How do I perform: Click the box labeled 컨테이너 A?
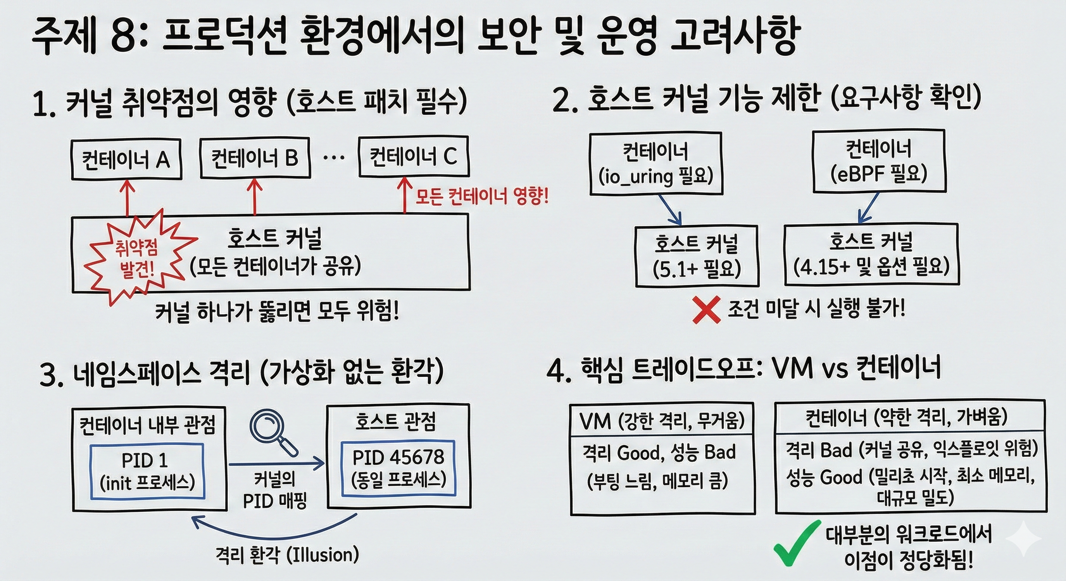point(126,159)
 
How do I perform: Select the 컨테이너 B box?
point(255,158)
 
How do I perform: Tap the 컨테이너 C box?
point(413,156)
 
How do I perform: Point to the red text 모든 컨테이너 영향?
point(482,197)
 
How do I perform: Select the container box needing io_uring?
point(656,164)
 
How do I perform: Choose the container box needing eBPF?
point(879,161)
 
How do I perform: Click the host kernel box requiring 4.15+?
point(871,255)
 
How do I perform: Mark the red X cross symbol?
point(706,310)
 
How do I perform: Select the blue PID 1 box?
point(147,471)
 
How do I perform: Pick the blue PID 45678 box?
point(398,469)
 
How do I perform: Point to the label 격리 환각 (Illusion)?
point(287,555)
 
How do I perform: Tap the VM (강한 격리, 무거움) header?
point(662,421)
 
